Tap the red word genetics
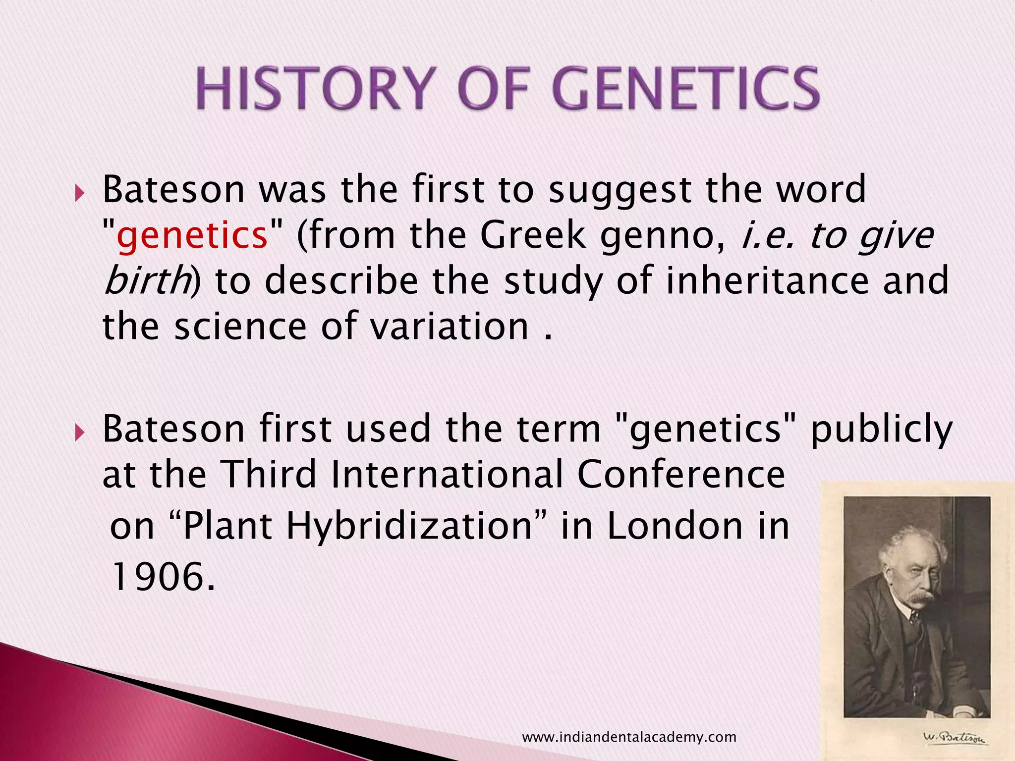click(192, 235)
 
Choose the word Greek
click(533, 235)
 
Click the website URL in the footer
click(629, 738)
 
